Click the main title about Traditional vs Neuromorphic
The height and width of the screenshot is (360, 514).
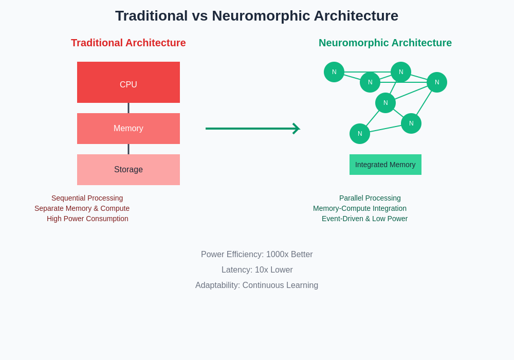[256, 16]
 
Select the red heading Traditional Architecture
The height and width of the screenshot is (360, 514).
[128, 43]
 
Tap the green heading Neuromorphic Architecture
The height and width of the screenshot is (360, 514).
[385, 43]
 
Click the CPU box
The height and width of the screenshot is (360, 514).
[128, 82]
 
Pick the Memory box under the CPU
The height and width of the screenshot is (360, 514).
[128, 129]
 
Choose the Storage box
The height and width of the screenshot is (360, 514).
[128, 170]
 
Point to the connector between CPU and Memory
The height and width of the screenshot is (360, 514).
[128, 108]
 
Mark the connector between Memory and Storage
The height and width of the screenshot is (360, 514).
[128, 149]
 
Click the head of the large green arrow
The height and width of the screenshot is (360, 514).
[296, 129]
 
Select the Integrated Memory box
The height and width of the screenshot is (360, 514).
[385, 165]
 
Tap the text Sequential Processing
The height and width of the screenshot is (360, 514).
[87, 198]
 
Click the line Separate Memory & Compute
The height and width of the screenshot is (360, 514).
[82, 208]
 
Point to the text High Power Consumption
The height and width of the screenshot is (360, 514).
[87, 219]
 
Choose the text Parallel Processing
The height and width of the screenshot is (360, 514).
[370, 198]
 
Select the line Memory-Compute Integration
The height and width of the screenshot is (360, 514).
[360, 208]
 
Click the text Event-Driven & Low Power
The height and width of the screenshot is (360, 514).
[365, 219]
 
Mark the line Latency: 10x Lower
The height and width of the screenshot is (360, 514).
[257, 270]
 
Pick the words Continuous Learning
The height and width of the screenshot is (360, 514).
[280, 285]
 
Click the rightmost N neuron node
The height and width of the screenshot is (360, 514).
[437, 82]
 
